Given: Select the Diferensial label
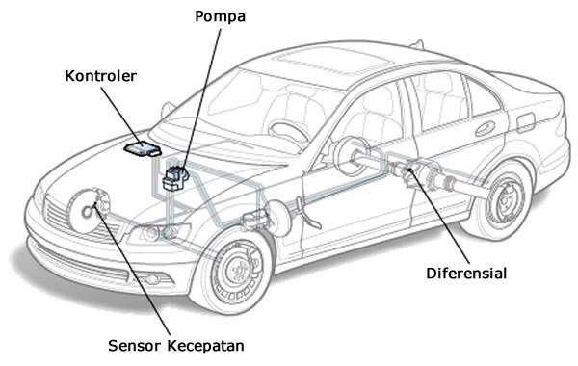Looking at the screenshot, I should coord(466,273).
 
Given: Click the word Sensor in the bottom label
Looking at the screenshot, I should coord(130,344).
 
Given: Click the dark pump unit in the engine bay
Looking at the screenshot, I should coord(175,178).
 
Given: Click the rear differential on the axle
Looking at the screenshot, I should coord(409,173).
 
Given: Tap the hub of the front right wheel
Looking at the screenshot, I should coord(234,271).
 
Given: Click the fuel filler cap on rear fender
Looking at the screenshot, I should coord(525,122).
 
